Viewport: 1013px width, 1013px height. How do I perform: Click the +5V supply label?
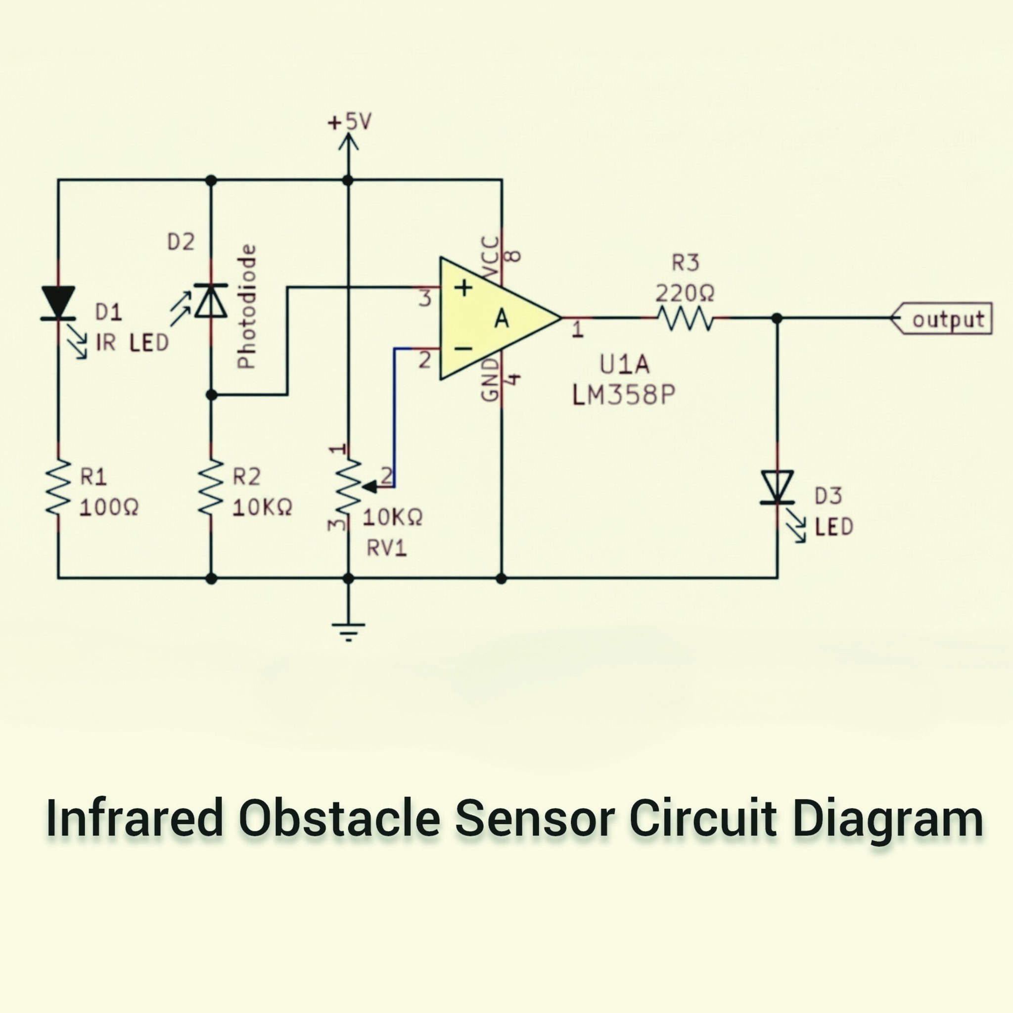[x=349, y=123]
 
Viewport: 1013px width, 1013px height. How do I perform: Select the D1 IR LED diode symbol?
[x=58, y=303]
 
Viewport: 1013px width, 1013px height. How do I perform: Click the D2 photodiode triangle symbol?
[x=211, y=300]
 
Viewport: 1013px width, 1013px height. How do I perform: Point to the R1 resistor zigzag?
[x=58, y=487]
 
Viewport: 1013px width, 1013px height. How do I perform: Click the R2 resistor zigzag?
[x=211, y=487]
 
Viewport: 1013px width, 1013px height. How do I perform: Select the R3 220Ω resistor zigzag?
[x=685, y=318]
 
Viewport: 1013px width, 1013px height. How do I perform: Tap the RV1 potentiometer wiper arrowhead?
[x=369, y=487]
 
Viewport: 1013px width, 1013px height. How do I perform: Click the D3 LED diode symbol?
[x=777, y=488]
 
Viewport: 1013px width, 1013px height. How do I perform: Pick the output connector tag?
[x=941, y=318]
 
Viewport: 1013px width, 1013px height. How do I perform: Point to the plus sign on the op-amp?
[x=462, y=287]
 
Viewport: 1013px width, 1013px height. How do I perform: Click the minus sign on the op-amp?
[x=462, y=349]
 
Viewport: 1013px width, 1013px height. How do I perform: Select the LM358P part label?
[x=623, y=396]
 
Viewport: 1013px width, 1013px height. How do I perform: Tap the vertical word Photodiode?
[x=246, y=307]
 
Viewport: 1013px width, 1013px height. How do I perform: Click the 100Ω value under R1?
[x=109, y=507]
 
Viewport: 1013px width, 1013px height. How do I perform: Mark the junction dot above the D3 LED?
[x=777, y=318]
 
